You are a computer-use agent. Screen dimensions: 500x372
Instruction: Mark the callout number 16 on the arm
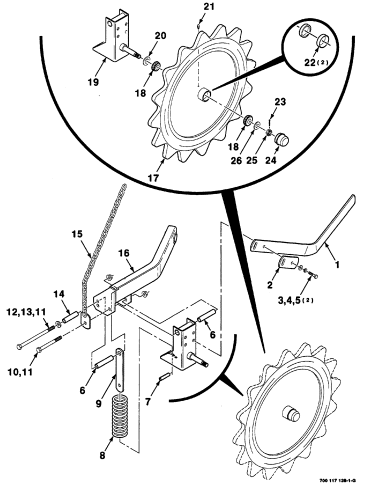(124, 253)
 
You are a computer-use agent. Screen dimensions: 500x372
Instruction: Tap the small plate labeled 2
(286, 262)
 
